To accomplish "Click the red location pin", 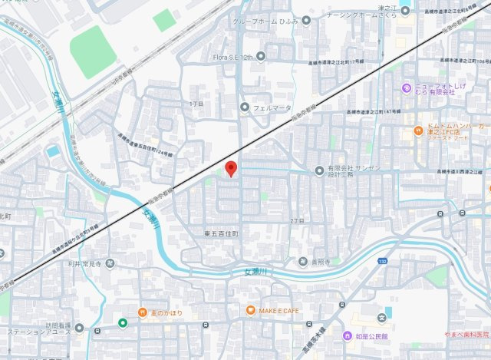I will point(229,169).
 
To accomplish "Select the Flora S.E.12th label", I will point(232,57).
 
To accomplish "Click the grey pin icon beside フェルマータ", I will point(245,107).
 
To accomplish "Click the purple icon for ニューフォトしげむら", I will point(406,88).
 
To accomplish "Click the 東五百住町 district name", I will point(222,233).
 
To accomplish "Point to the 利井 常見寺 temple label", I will point(85,263).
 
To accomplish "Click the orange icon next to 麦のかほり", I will point(143,312).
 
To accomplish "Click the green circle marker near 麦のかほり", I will point(122,322).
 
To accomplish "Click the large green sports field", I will point(93,51).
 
